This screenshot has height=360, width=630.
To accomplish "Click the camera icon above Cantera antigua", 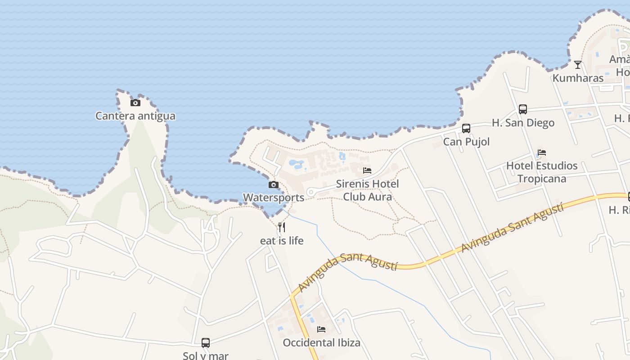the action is click(x=135, y=103).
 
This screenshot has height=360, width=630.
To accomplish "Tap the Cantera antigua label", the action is click(x=135, y=116).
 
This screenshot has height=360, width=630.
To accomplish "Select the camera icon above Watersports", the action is click(x=273, y=184).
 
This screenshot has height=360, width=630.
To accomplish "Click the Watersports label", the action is click(x=273, y=198).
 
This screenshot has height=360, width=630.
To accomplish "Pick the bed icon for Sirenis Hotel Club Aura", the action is click(x=367, y=171).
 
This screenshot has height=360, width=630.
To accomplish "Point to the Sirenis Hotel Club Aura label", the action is click(x=367, y=190).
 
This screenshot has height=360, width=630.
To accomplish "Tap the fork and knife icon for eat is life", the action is click(x=282, y=227).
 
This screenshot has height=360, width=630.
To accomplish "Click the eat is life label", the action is click(x=282, y=241).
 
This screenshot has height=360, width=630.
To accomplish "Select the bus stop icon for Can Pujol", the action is click(x=466, y=128).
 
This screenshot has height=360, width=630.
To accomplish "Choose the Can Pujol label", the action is click(x=466, y=142).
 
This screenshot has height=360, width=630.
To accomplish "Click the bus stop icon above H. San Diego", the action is click(x=522, y=109).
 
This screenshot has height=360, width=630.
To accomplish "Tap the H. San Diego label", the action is click(x=523, y=123).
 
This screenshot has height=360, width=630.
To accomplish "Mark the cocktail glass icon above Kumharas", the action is click(x=578, y=65).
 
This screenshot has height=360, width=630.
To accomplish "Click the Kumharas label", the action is click(x=578, y=78).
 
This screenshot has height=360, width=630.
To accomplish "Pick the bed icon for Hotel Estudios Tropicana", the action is click(x=542, y=153).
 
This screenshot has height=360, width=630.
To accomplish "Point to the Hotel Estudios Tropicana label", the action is click(x=542, y=172).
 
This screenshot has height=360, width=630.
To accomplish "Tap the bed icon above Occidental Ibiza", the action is click(x=321, y=329).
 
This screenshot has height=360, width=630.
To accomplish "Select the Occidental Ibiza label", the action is click(x=321, y=343).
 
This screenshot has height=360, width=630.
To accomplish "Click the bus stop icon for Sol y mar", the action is click(x=206, y=343).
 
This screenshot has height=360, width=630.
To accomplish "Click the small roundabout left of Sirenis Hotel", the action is click(x=310, y=193).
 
